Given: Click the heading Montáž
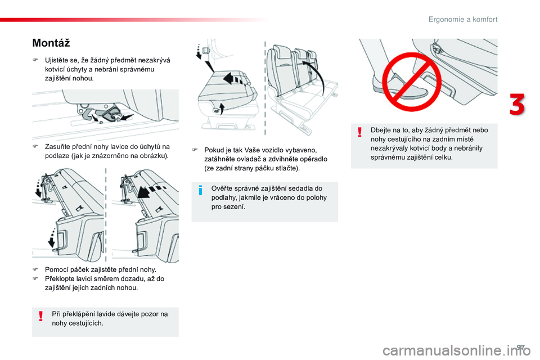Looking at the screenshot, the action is point(51,43).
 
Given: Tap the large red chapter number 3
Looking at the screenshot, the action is point(517,105).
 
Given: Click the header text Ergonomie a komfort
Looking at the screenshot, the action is point(463,20).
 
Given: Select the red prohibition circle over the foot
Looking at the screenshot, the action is point(412,82).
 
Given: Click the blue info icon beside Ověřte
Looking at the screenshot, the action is point(200,190).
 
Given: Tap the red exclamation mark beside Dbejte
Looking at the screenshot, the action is point(360,132).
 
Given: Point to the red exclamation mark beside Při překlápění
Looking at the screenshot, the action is point(41,316).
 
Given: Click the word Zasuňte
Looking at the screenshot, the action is point(56,147).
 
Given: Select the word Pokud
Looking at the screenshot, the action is point(213,150).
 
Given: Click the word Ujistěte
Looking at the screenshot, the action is point(57,61).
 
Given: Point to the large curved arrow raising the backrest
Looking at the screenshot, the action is point(316,76).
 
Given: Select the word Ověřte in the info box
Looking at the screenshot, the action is point(221,188).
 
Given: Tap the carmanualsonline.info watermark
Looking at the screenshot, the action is point(456,350).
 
